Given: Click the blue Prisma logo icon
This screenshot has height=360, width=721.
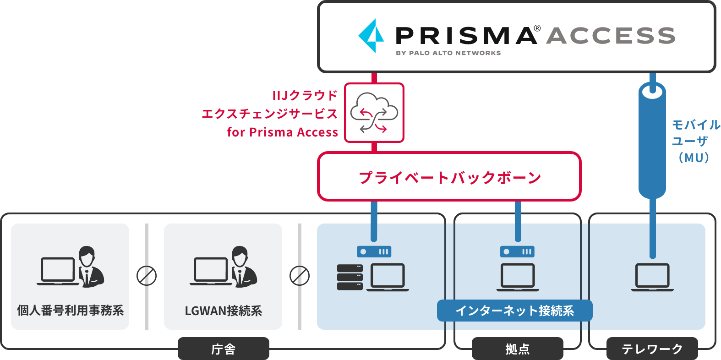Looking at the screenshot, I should [x=371, y=36].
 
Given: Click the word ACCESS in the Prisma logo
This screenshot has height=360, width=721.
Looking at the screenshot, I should [x=611, y=36].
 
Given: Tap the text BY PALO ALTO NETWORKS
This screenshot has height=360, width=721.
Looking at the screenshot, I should [x=448, y=53].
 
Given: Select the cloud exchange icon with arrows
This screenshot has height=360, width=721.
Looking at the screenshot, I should [x=374, y=113].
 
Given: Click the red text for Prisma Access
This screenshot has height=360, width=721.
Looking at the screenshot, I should [x=282, y=132].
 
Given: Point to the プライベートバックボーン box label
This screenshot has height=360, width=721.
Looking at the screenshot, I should [x=449, y=177].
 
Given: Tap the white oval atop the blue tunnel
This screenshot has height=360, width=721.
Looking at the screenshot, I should [x=652, y=92].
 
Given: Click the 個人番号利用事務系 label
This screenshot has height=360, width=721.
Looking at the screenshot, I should [x=70, y=311].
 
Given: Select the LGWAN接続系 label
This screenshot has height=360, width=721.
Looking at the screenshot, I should [x=223, y=311].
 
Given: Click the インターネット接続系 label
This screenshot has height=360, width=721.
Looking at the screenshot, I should [x=514, y=311].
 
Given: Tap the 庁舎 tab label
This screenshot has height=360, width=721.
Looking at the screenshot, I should [x=223, y=349].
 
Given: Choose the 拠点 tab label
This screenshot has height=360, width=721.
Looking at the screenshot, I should [x=517, y=349].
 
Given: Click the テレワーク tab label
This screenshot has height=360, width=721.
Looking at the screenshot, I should [x=652, y=349].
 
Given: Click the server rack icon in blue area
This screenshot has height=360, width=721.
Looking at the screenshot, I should [x=350, y=277].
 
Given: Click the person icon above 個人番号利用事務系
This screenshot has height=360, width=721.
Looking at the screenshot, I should [x=91, y=267].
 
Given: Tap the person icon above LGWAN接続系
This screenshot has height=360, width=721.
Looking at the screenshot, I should [x=244, y=267].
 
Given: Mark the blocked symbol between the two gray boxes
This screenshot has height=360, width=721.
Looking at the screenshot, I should [x=147, y=276].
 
